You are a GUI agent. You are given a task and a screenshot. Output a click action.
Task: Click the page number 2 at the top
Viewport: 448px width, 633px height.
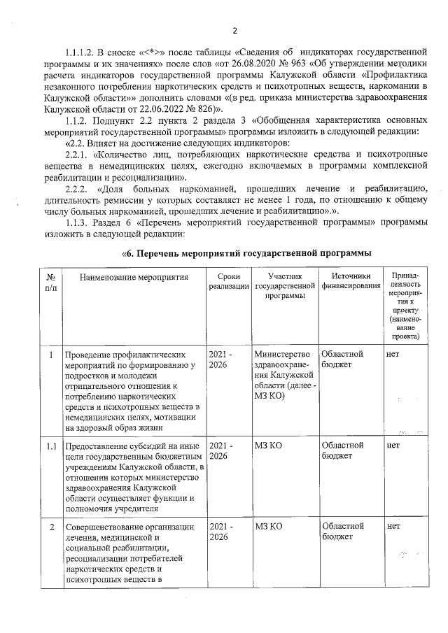click(x=235, y=31)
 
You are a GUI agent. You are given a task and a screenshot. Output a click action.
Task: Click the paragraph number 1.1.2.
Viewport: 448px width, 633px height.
click(x=78, y=120)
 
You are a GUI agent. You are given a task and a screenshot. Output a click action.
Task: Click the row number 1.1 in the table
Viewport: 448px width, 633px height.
click(x=50, y=445)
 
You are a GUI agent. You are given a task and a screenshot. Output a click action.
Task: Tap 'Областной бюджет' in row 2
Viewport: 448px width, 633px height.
click(x=342, y=531)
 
